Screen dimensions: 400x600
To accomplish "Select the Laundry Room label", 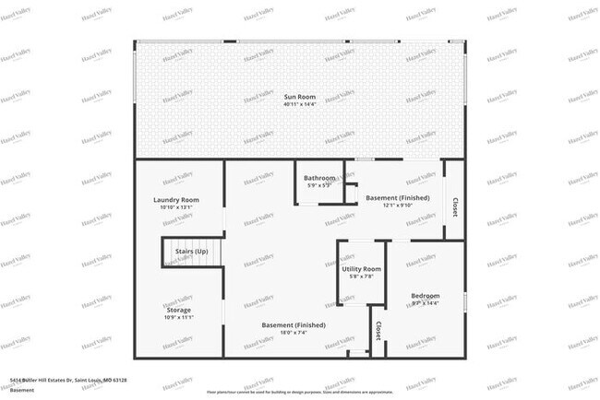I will click(x=176, y=200).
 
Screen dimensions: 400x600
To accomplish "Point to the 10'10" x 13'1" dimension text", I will click(x=176, y=207).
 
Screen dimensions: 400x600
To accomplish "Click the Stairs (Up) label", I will click(x=186, y=252).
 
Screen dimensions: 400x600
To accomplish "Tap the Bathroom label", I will click(x=320, y=178).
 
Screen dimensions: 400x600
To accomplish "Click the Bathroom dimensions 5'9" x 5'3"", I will click(x=319, y=185).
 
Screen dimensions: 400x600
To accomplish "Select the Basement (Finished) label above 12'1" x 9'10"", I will click(x=398, y=198).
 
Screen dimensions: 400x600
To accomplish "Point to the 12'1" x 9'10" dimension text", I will click(x=398, y=206).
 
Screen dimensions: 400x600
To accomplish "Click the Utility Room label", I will click(x=361, y=268).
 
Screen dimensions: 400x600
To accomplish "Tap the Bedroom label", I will click(x=426, y=296).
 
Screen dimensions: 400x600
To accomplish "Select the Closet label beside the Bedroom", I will click(x=378, y=331).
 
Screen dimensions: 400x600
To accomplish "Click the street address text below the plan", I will click(x=68, y=380).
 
